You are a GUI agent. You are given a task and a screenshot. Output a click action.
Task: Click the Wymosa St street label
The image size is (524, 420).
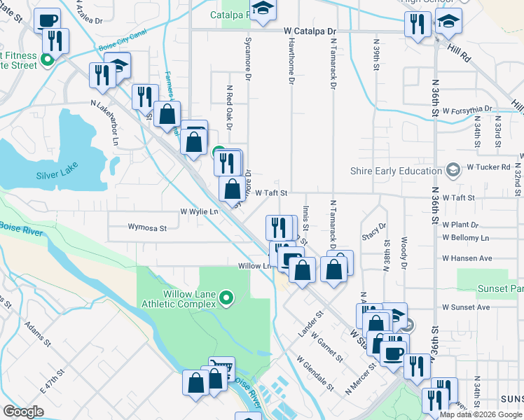point(147,227)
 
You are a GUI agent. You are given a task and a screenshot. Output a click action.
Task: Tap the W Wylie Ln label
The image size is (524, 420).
point(199,211)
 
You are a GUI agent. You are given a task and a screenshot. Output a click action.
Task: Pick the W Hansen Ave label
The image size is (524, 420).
point(467,258)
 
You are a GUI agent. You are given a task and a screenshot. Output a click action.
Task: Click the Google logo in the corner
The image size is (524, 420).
point(23,412)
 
